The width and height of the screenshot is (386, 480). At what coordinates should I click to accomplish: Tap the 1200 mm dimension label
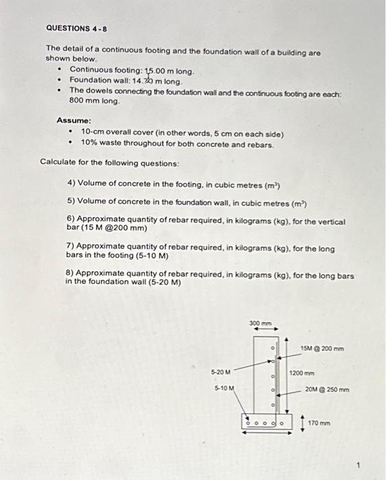click(302, 374)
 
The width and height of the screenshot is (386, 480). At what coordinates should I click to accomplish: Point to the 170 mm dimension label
click(320, 422)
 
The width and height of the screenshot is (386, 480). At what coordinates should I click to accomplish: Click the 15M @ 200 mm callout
click(322, 349)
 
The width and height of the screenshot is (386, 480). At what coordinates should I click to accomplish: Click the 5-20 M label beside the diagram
click(222, 372)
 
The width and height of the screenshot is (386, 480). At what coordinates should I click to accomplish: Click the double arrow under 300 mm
click(262, 328)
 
